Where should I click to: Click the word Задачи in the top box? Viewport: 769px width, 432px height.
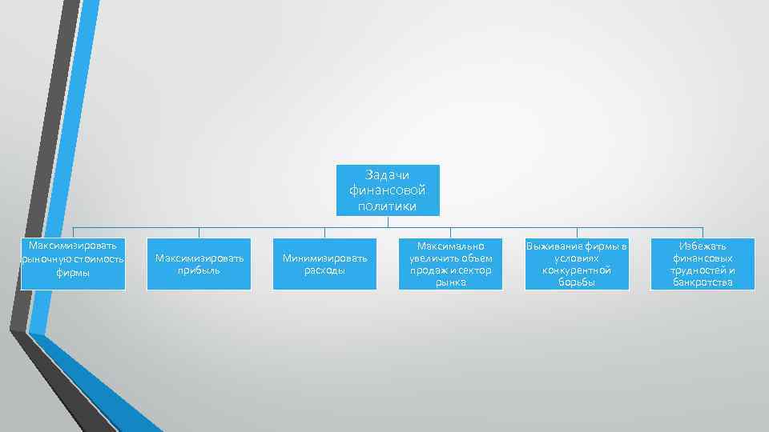click(x=388, y=174)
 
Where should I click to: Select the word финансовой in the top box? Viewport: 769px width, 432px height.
click(x=388, y=190)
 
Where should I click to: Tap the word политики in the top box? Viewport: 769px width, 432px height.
click(x=388, y=206)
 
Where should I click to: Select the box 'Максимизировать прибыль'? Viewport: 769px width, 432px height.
click(x=199, y=264)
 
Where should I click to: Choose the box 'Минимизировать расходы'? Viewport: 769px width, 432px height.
click(x=325, y=264)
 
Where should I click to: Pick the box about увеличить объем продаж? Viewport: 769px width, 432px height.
click(x=451, y=264)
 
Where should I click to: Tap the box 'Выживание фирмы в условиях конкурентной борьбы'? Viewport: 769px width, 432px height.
click(x=577, y=264)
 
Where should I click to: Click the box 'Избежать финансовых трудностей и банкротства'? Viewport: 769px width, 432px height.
click(x=703, y=264)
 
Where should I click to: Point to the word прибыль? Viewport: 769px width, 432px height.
click(x=199, y=270)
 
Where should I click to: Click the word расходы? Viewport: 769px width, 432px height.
click(x=325, y=270)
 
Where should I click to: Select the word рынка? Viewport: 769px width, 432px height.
click(x=451, y=282)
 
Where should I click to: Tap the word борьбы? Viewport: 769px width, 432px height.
click(x=577, y=282)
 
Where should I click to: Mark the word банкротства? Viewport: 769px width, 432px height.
click(x=703, y=282)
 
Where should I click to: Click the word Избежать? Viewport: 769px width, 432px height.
click(x=703, y=246)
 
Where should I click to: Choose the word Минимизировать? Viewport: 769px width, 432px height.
click(x=325, y=258)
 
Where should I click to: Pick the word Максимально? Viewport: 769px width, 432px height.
click(x=451, y=246)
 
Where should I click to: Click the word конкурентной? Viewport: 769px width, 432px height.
click(x=577, y=270)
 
